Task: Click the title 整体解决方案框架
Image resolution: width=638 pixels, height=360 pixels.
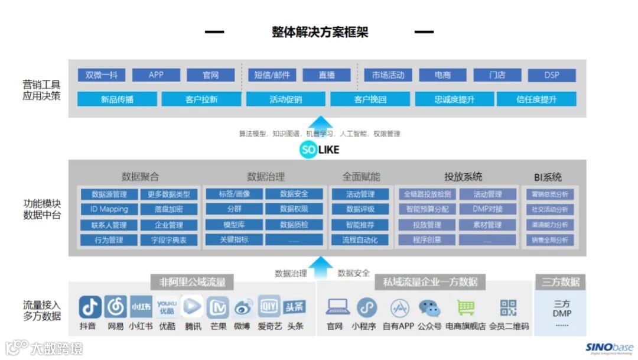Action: pos(320,32)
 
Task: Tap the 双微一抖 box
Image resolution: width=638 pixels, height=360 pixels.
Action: pos(102,75)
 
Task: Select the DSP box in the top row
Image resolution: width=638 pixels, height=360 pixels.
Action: pos(551,75)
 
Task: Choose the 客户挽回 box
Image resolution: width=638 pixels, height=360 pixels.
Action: pos(370,99)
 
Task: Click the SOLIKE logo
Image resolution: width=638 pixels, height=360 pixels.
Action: pos(320,150)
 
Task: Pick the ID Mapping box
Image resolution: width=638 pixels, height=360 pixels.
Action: pos(109,209)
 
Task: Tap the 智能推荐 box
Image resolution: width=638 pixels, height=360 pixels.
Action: pos(360,225)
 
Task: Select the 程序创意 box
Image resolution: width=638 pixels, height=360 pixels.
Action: pos(427,240)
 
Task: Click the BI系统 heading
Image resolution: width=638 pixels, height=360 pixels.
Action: pos(548,177)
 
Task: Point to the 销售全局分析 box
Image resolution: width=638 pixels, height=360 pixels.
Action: pos(550,240)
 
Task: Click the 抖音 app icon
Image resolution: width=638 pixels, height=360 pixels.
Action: pos(90,307)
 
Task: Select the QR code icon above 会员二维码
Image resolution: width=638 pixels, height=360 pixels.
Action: pos(508,307)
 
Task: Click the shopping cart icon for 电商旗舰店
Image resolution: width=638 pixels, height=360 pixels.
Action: pos(466,307)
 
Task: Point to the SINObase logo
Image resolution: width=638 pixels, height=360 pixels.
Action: pos(609,348)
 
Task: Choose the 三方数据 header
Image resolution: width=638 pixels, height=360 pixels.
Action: pos(561,281)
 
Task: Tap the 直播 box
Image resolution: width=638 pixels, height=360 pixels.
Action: pos(326,75)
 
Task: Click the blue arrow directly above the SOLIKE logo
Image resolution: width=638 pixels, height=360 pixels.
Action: pos(320,122)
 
